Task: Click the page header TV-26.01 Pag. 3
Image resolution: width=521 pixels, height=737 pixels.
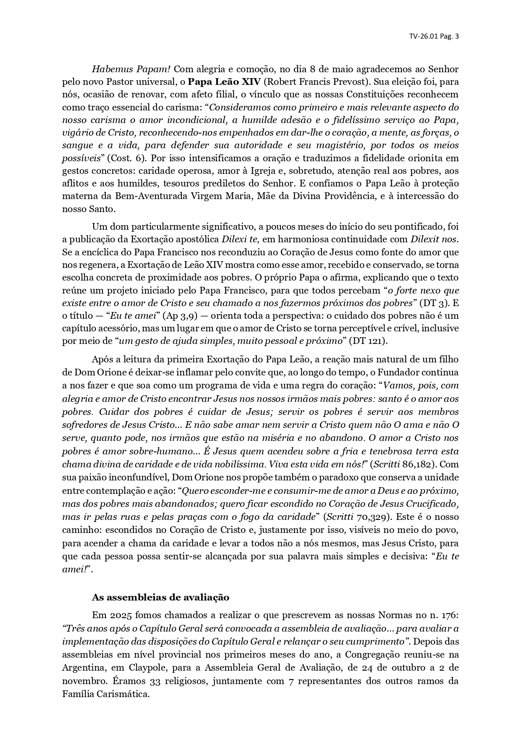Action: click(434, 36)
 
